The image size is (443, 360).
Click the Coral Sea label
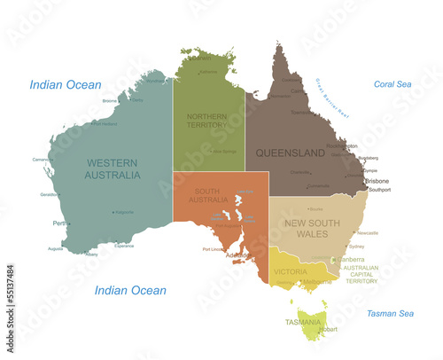click(392, 85)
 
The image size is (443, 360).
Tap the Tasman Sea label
click(390, 313)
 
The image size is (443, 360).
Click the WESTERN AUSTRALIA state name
click(113, 168)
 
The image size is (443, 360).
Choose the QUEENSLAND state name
click(291, 153)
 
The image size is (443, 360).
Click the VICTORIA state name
click(290, 270)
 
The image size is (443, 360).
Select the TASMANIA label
click(304, 321)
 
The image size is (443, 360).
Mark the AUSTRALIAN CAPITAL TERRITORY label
click(361, 274)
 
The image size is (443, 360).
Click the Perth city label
click(60, 223)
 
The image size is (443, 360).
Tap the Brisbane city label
click(377, 181)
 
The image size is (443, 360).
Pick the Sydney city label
click(357, 246)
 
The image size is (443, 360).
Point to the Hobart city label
click(328, 330)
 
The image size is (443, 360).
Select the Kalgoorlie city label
click(125, 212)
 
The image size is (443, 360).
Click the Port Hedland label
click(105, 124)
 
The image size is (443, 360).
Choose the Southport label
click(379, 190)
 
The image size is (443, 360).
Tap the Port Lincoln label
click(214, 249)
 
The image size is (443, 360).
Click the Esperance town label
click(124, 246)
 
